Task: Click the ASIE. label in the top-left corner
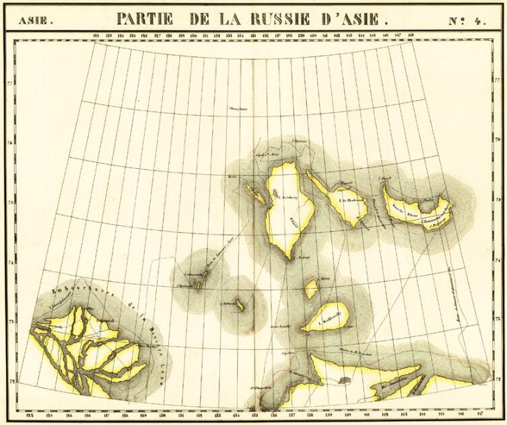point(34,20)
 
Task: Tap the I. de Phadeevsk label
point(351,200)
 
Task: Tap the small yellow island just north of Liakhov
point(311,289)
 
